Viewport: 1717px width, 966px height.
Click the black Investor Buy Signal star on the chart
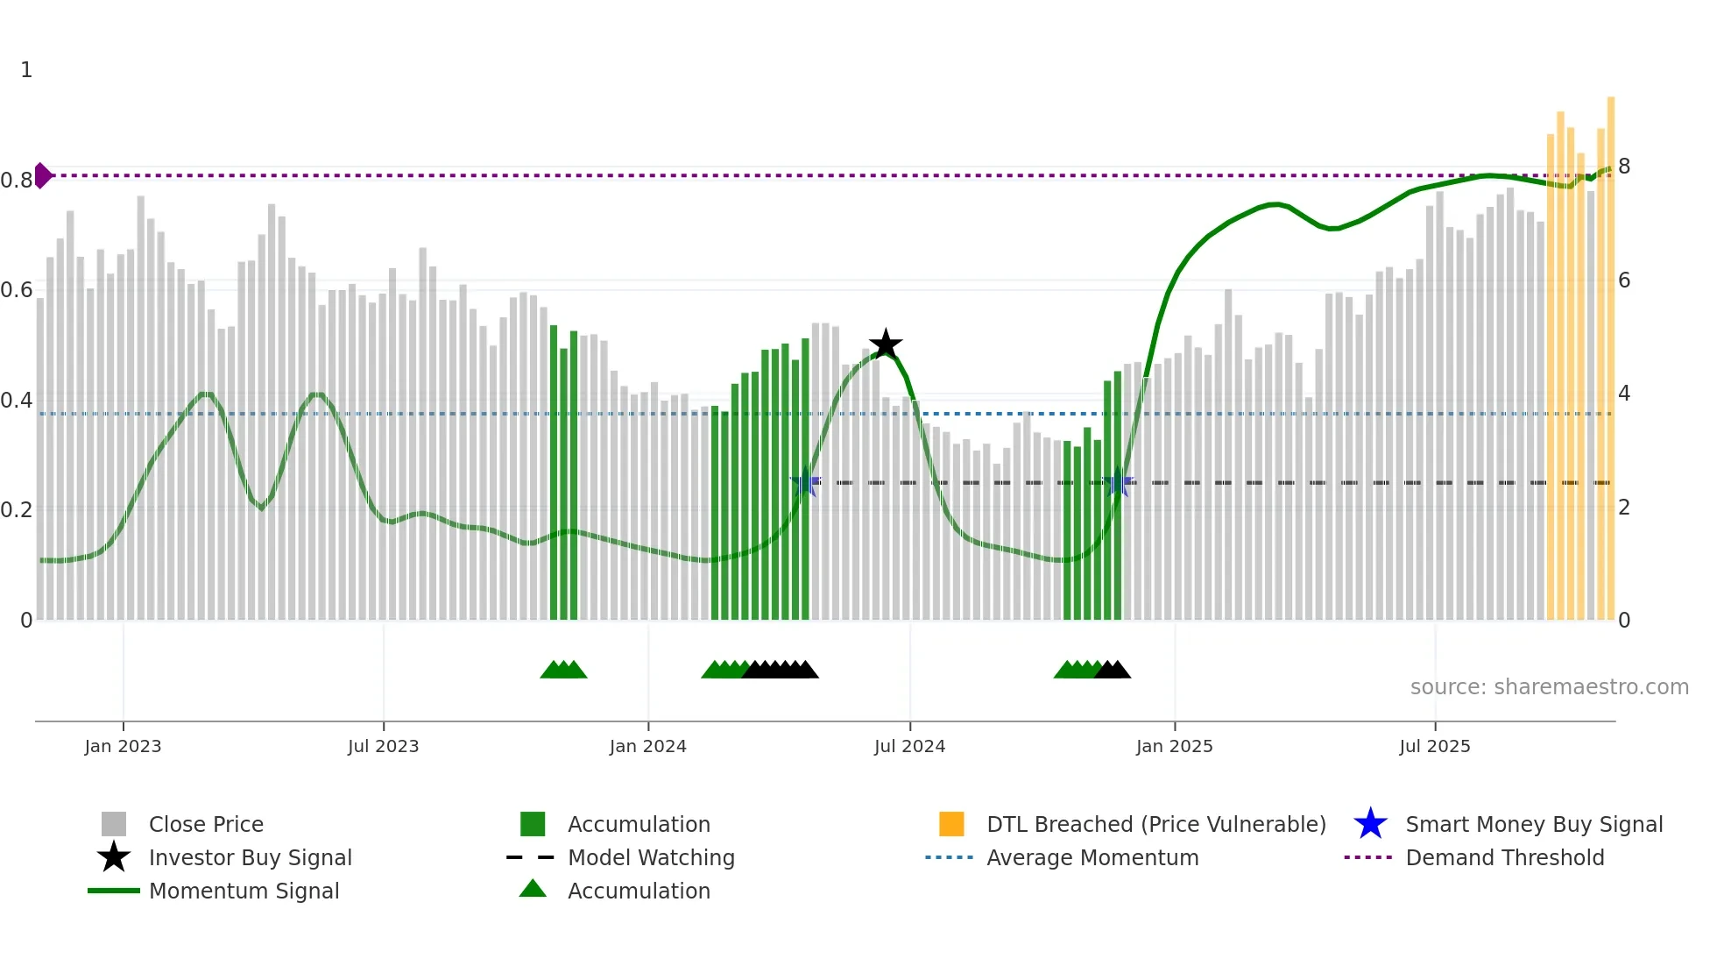(886, 344)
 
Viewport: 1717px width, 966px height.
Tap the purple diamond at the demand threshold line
(42, 175)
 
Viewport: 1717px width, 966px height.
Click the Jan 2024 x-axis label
(647, 746)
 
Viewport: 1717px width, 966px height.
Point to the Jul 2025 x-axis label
(1434, 746)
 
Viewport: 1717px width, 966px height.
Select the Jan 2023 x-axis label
(123, 746)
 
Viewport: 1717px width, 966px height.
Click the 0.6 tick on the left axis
(17, 290)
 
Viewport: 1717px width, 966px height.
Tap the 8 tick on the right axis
(1623, 167)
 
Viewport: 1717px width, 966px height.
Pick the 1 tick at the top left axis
(26, 70)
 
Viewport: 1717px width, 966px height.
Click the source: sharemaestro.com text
(1549, 687)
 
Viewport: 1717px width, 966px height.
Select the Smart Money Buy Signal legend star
(1370, 824)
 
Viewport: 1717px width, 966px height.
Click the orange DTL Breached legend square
(951, 824)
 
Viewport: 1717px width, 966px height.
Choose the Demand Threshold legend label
(1504, 857)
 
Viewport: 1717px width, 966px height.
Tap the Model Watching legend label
(651, 857)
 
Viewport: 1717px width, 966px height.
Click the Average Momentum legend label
(1092, 857)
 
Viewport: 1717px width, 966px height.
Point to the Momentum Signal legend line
(114, 891)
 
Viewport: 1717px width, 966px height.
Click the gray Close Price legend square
(114, 824)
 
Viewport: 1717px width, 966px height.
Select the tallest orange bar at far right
(1610, 351)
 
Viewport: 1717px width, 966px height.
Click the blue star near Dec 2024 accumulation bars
(1118, 483)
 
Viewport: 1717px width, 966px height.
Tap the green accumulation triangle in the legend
(533, 889)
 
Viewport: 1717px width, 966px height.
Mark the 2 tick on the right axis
(1623, 508)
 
